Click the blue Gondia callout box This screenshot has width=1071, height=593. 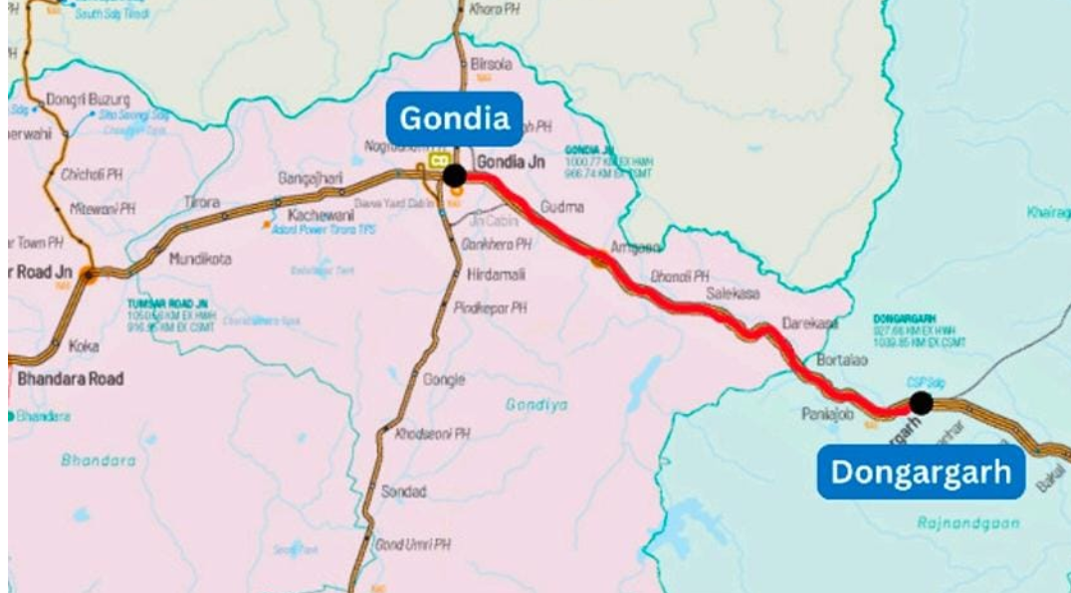tap(454, 118)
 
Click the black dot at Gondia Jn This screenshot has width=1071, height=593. tap(455, 176)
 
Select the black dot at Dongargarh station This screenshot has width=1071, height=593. tap(921, 403)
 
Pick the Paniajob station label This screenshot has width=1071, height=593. tap(822, 413)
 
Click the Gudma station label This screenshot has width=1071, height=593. tap(561, 207)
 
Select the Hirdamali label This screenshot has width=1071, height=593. tap(496, 274)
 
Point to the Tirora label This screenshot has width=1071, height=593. tap(202, 202)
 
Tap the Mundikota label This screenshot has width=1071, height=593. tap(199, 259)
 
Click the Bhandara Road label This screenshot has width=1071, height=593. tap(71, 378)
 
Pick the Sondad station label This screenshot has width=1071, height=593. tap(404, 492)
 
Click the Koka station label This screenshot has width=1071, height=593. tap(81, 346)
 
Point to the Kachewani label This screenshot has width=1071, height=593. tap(321, 215)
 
